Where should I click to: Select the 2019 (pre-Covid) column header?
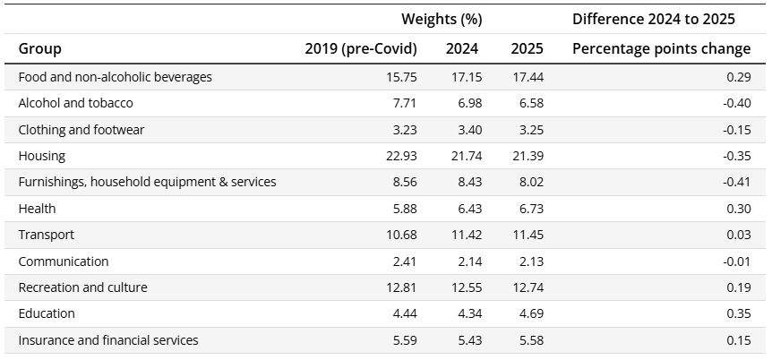(x=361, y=48)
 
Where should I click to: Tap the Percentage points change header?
(x=661, y=48)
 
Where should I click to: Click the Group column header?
(x=39, y=48)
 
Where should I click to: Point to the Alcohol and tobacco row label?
(x=75, y=103)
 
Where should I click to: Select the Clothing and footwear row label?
(x=81, y=130)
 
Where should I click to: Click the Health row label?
(x=37, y=209)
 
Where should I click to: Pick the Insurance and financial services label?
(x=108, y=340)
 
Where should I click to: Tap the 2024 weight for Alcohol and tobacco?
(x=466, y=103)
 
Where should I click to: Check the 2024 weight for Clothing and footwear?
(x=466, y=130)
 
